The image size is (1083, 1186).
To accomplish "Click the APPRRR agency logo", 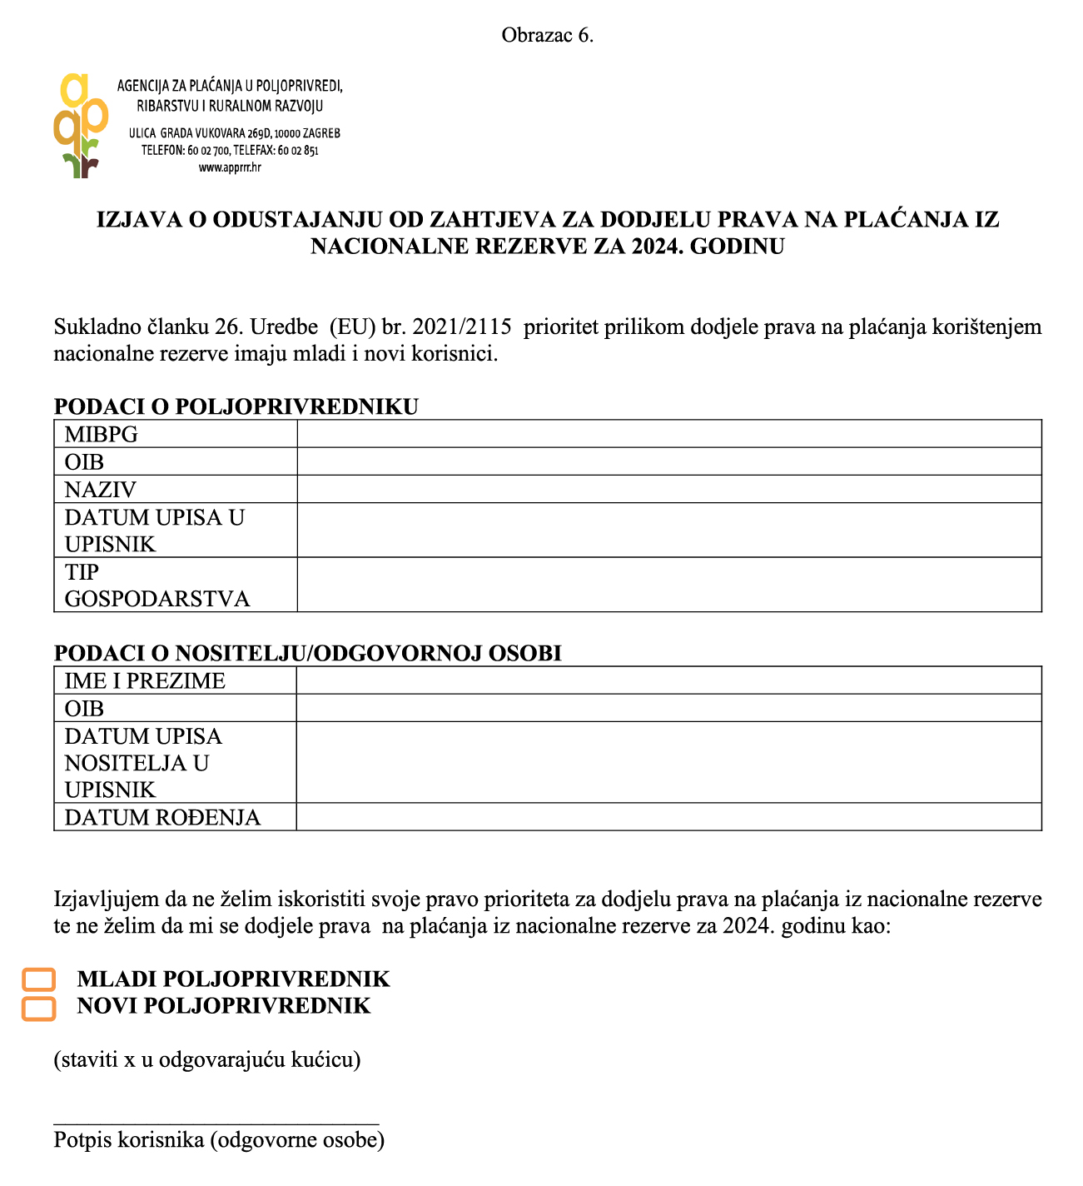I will pos(81,125).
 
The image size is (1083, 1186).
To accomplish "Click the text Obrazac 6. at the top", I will pos(547,35).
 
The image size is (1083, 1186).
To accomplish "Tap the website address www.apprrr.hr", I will pos(230,167).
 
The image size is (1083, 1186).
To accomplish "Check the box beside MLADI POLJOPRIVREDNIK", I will pos(38,979).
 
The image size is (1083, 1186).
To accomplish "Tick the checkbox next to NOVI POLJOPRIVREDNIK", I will pos(38,1008).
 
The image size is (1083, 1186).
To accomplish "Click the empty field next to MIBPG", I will pos(668,434).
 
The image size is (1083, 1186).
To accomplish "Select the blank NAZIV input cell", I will pos(668,489).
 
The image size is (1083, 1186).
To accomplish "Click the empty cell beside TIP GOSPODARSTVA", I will pos(668,585).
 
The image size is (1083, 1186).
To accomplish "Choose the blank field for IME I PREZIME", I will pos(668,680).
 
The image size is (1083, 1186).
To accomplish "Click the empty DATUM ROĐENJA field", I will pos(668,817).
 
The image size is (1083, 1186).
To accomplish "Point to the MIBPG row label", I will pos(102,435).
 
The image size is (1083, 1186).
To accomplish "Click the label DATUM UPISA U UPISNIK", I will pos(154,531).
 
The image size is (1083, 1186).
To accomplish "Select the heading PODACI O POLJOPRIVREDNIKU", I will pos(236,406).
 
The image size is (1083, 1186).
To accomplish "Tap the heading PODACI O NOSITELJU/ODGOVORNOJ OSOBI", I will pos(307,653).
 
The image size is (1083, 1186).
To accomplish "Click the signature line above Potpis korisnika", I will pos(216,1124).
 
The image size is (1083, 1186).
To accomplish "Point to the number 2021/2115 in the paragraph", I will pos(461,326).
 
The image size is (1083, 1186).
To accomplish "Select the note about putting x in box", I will pos(207,1060).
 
